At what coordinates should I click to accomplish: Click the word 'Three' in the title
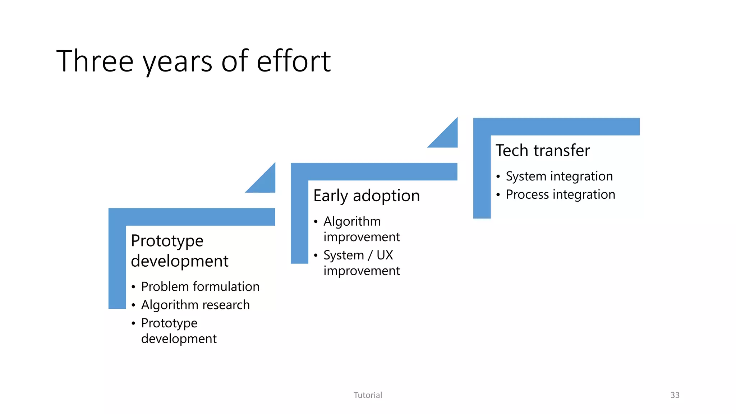(95, 61)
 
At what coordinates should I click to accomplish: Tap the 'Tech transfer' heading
(542, 150)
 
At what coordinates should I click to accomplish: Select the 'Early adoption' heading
(366, 196)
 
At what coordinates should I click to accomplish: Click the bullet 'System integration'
(559, 176)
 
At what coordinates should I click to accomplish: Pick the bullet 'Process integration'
(560, 194)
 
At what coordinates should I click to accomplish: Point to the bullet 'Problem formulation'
(200, 286)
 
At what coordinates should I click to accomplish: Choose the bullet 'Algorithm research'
(195, 305)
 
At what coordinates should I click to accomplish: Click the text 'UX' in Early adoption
(385, 255)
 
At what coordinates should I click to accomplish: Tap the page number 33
(675, 395)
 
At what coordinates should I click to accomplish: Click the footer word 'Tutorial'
(368, 395)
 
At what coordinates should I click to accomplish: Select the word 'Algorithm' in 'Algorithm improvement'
(352, 221)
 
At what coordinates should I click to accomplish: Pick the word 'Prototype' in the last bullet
(169, 323)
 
